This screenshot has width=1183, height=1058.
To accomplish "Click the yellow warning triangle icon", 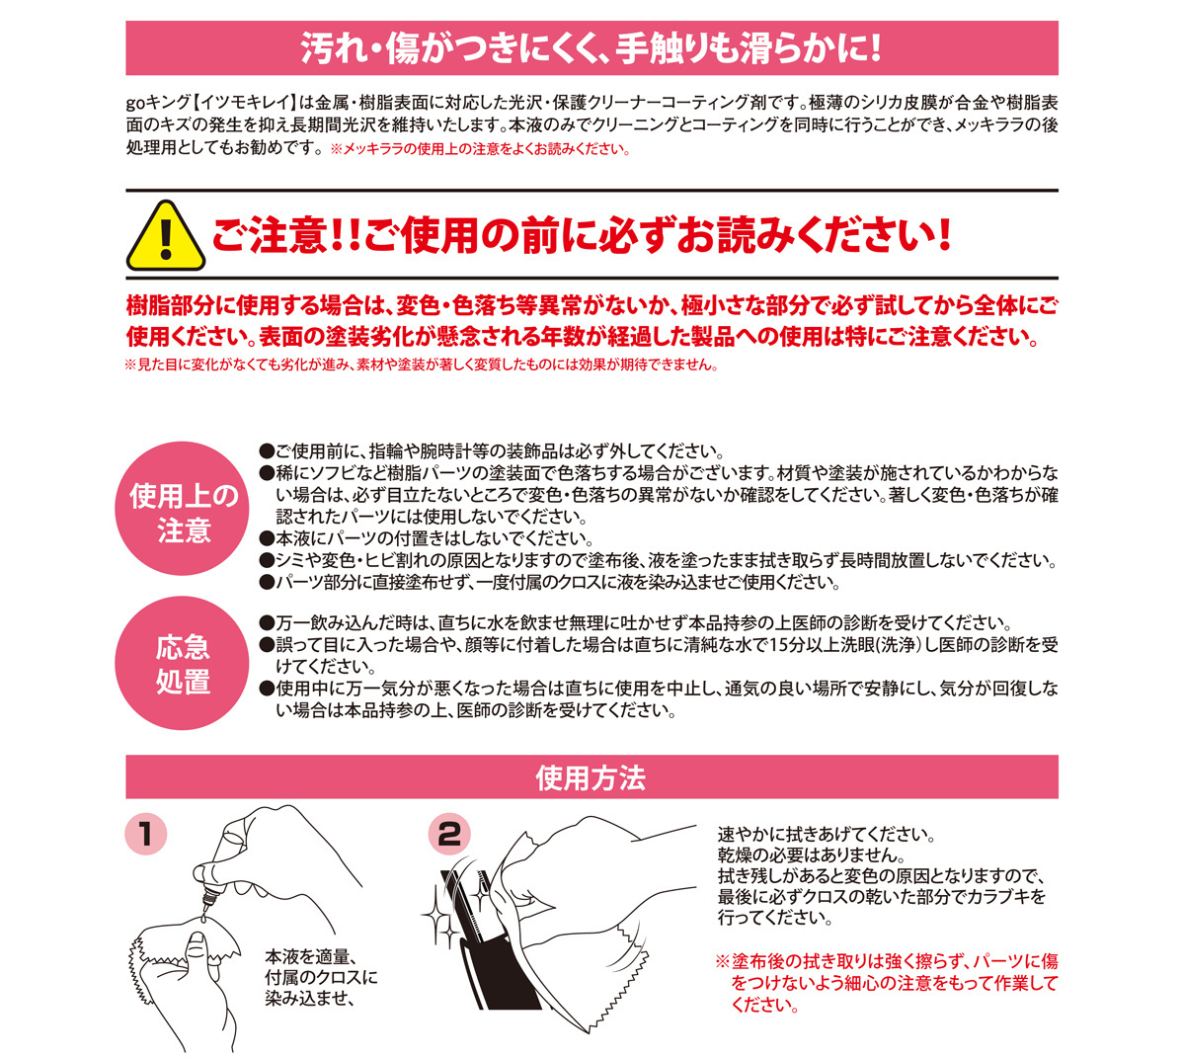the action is (x=165, y=236).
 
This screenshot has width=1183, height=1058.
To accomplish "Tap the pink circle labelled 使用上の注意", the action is (x=182, y=510).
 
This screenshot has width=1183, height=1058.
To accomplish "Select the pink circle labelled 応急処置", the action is (x=182, y=663).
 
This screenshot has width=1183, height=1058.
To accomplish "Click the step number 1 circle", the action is (x=145, y=835).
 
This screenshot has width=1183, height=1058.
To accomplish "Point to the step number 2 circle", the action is (x=449, y=835).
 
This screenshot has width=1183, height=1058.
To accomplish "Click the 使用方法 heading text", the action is (x=591, y=778).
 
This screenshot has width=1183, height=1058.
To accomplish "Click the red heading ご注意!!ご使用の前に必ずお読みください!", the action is (x=582, y=235).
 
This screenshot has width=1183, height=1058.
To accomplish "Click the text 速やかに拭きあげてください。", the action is (x=827, y=834).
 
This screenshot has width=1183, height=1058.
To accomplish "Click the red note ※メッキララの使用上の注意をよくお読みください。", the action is (x=481, y=148).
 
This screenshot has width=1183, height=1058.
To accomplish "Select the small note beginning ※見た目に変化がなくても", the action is (x=422, y=365).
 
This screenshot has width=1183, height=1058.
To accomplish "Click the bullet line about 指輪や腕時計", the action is (x=492, y=451).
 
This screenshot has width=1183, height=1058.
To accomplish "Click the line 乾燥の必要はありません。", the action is (x=811, y=855).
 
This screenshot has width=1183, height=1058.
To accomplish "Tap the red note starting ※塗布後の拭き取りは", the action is (x=887, y=983).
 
